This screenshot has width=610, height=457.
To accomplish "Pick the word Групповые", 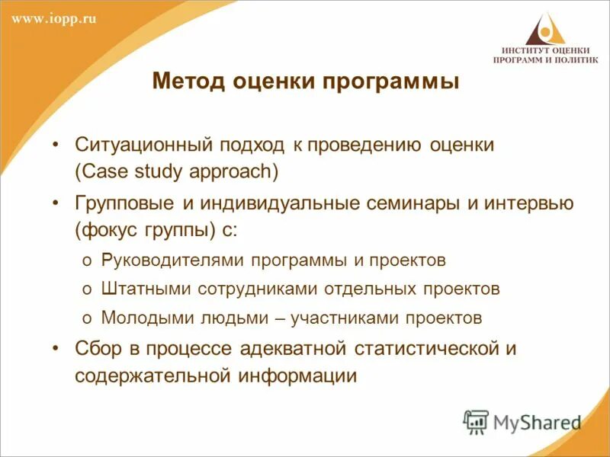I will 124,203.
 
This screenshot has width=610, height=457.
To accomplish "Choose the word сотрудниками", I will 242,289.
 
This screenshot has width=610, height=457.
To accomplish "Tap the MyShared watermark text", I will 537,422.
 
